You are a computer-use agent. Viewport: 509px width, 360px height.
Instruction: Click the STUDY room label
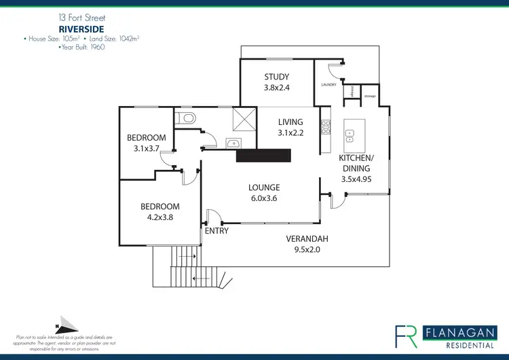[276, 77]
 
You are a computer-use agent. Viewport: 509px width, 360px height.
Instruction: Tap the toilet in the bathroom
[185, 120]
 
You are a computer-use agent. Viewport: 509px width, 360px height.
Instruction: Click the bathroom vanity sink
[232, 143]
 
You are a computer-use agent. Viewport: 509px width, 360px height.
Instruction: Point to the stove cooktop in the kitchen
[325, 126]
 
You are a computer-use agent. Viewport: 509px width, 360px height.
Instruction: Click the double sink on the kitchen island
[350, 134]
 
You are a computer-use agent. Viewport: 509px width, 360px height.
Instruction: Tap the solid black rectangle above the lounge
[263, 156]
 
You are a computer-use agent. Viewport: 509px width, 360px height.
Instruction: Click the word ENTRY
[216, 231]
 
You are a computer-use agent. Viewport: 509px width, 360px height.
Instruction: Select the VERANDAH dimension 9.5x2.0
[307, 249]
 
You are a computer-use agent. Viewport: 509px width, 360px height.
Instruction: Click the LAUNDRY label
[328, 85]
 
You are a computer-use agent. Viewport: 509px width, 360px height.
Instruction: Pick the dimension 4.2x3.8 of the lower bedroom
[160, 218]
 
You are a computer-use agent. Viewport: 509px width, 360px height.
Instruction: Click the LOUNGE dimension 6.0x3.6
[264, 198]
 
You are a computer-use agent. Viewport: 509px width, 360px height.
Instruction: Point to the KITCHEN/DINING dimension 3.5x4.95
[355, 179]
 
